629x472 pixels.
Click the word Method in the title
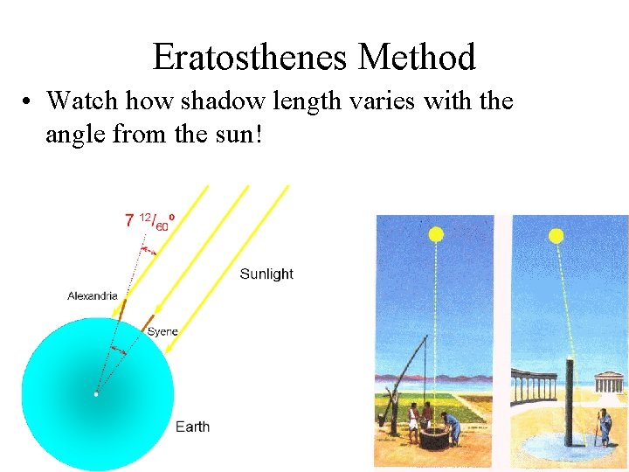(x=417, y=58)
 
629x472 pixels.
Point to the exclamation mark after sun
(x=258, y=135)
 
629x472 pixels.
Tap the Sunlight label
(x=266, y=274)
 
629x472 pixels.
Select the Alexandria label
(x=92, y=296)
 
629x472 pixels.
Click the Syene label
(x=162, y=331)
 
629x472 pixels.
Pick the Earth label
(x=192, y=427)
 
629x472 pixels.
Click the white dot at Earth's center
(x=96, y=394)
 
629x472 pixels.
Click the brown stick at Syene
(x=148, y=324)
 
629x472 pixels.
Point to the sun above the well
(x=436, y=234)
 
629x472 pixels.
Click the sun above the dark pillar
(x=556, y=236)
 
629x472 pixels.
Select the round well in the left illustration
(x=434, y=435)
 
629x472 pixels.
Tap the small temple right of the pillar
(x=608, y=383)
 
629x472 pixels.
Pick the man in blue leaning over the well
(x=451, y=426)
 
